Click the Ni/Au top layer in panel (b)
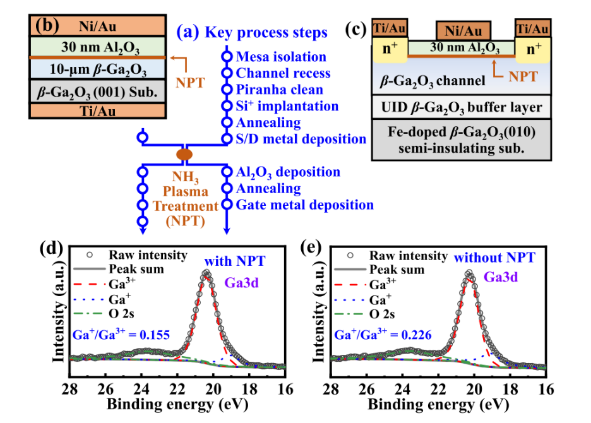(x=98, y=26)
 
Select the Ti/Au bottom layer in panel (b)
(x=98, y=111)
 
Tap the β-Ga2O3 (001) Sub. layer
(x=98, y=92)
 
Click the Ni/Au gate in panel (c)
(x=463, y=30)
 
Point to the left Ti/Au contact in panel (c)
(x=390, y=28)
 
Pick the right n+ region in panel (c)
(x=533, y=49)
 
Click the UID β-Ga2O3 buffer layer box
(x=462, y=107)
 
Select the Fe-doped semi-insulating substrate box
(x=462, y=140)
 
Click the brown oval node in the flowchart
(x=184, y=154)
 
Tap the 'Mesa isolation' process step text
(x=281, y=57)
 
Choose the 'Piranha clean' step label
(x=279, y=90)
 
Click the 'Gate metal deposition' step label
(x=304, y=205)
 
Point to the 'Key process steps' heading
(x=266, y=32)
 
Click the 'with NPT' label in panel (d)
(x=235, y=261)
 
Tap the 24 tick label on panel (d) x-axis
(x=141, y=389)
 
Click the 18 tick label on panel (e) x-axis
(x=510, y=389)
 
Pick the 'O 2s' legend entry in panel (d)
(x=104, y=314)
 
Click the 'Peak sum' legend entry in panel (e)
(x=379, y=270)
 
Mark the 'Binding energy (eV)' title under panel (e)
(x=438, y=405)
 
